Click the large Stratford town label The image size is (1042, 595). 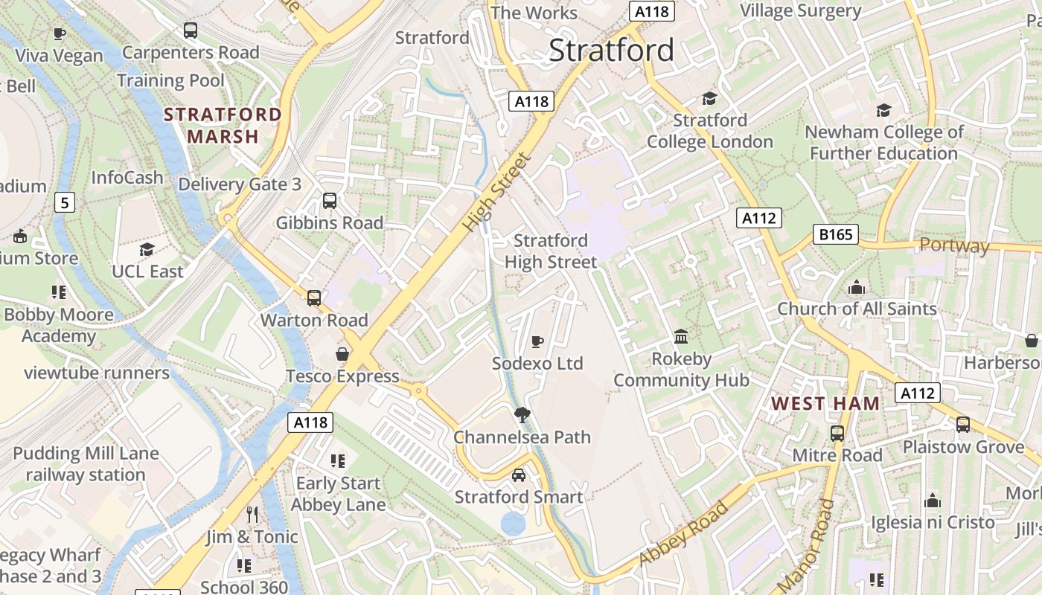(611, 51)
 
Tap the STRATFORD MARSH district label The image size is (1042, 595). (223, 126)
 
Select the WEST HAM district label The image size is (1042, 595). (825, 404)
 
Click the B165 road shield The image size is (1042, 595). (835, 235)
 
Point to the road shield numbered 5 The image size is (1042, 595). (65, 202)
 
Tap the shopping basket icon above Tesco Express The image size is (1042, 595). (342, 354)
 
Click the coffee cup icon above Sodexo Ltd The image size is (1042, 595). (537, 341)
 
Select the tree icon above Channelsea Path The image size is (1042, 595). (522, 415)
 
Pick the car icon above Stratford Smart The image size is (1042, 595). (519, 475)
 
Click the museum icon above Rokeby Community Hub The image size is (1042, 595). (681, 336)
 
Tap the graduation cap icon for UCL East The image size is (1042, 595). (147, 249)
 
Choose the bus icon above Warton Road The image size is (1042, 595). (314, 298)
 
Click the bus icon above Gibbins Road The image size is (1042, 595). (329, 200)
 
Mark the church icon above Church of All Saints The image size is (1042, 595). (857, 287)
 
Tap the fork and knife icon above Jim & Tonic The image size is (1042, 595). (252, 514)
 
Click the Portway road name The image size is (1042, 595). (954, 245)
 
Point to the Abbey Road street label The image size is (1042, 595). (683, 533)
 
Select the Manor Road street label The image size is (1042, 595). (807, 545)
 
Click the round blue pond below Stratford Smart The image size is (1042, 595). (513, 524)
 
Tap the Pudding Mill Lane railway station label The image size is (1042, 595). (86, 464)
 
